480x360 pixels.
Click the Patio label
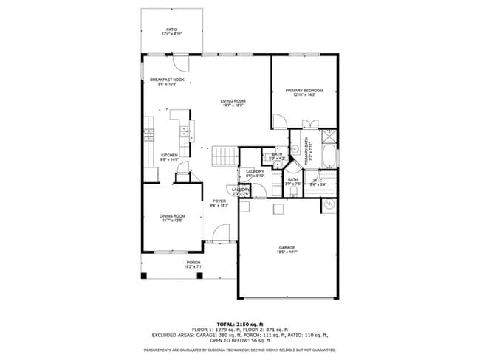click(x=171, y=30)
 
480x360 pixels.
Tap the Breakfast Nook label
click(x=167, y=80)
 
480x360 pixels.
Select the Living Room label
click(x=233, y=101)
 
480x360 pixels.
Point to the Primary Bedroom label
click(x=304, y=91)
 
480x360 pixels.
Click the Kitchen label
click(x=170, y=155)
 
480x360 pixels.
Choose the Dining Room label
click(x=172, y=215)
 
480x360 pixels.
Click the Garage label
click(x=287, y=247)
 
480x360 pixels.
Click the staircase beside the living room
click(x=223, y=156)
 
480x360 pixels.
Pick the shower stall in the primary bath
click(x=329, y=136)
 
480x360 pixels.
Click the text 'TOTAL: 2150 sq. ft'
click(x=239, y=324)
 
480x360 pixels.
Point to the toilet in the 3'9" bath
click(x=294, y=193)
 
